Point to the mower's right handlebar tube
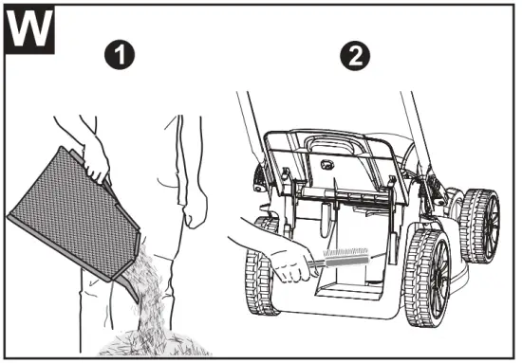[409, 123]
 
